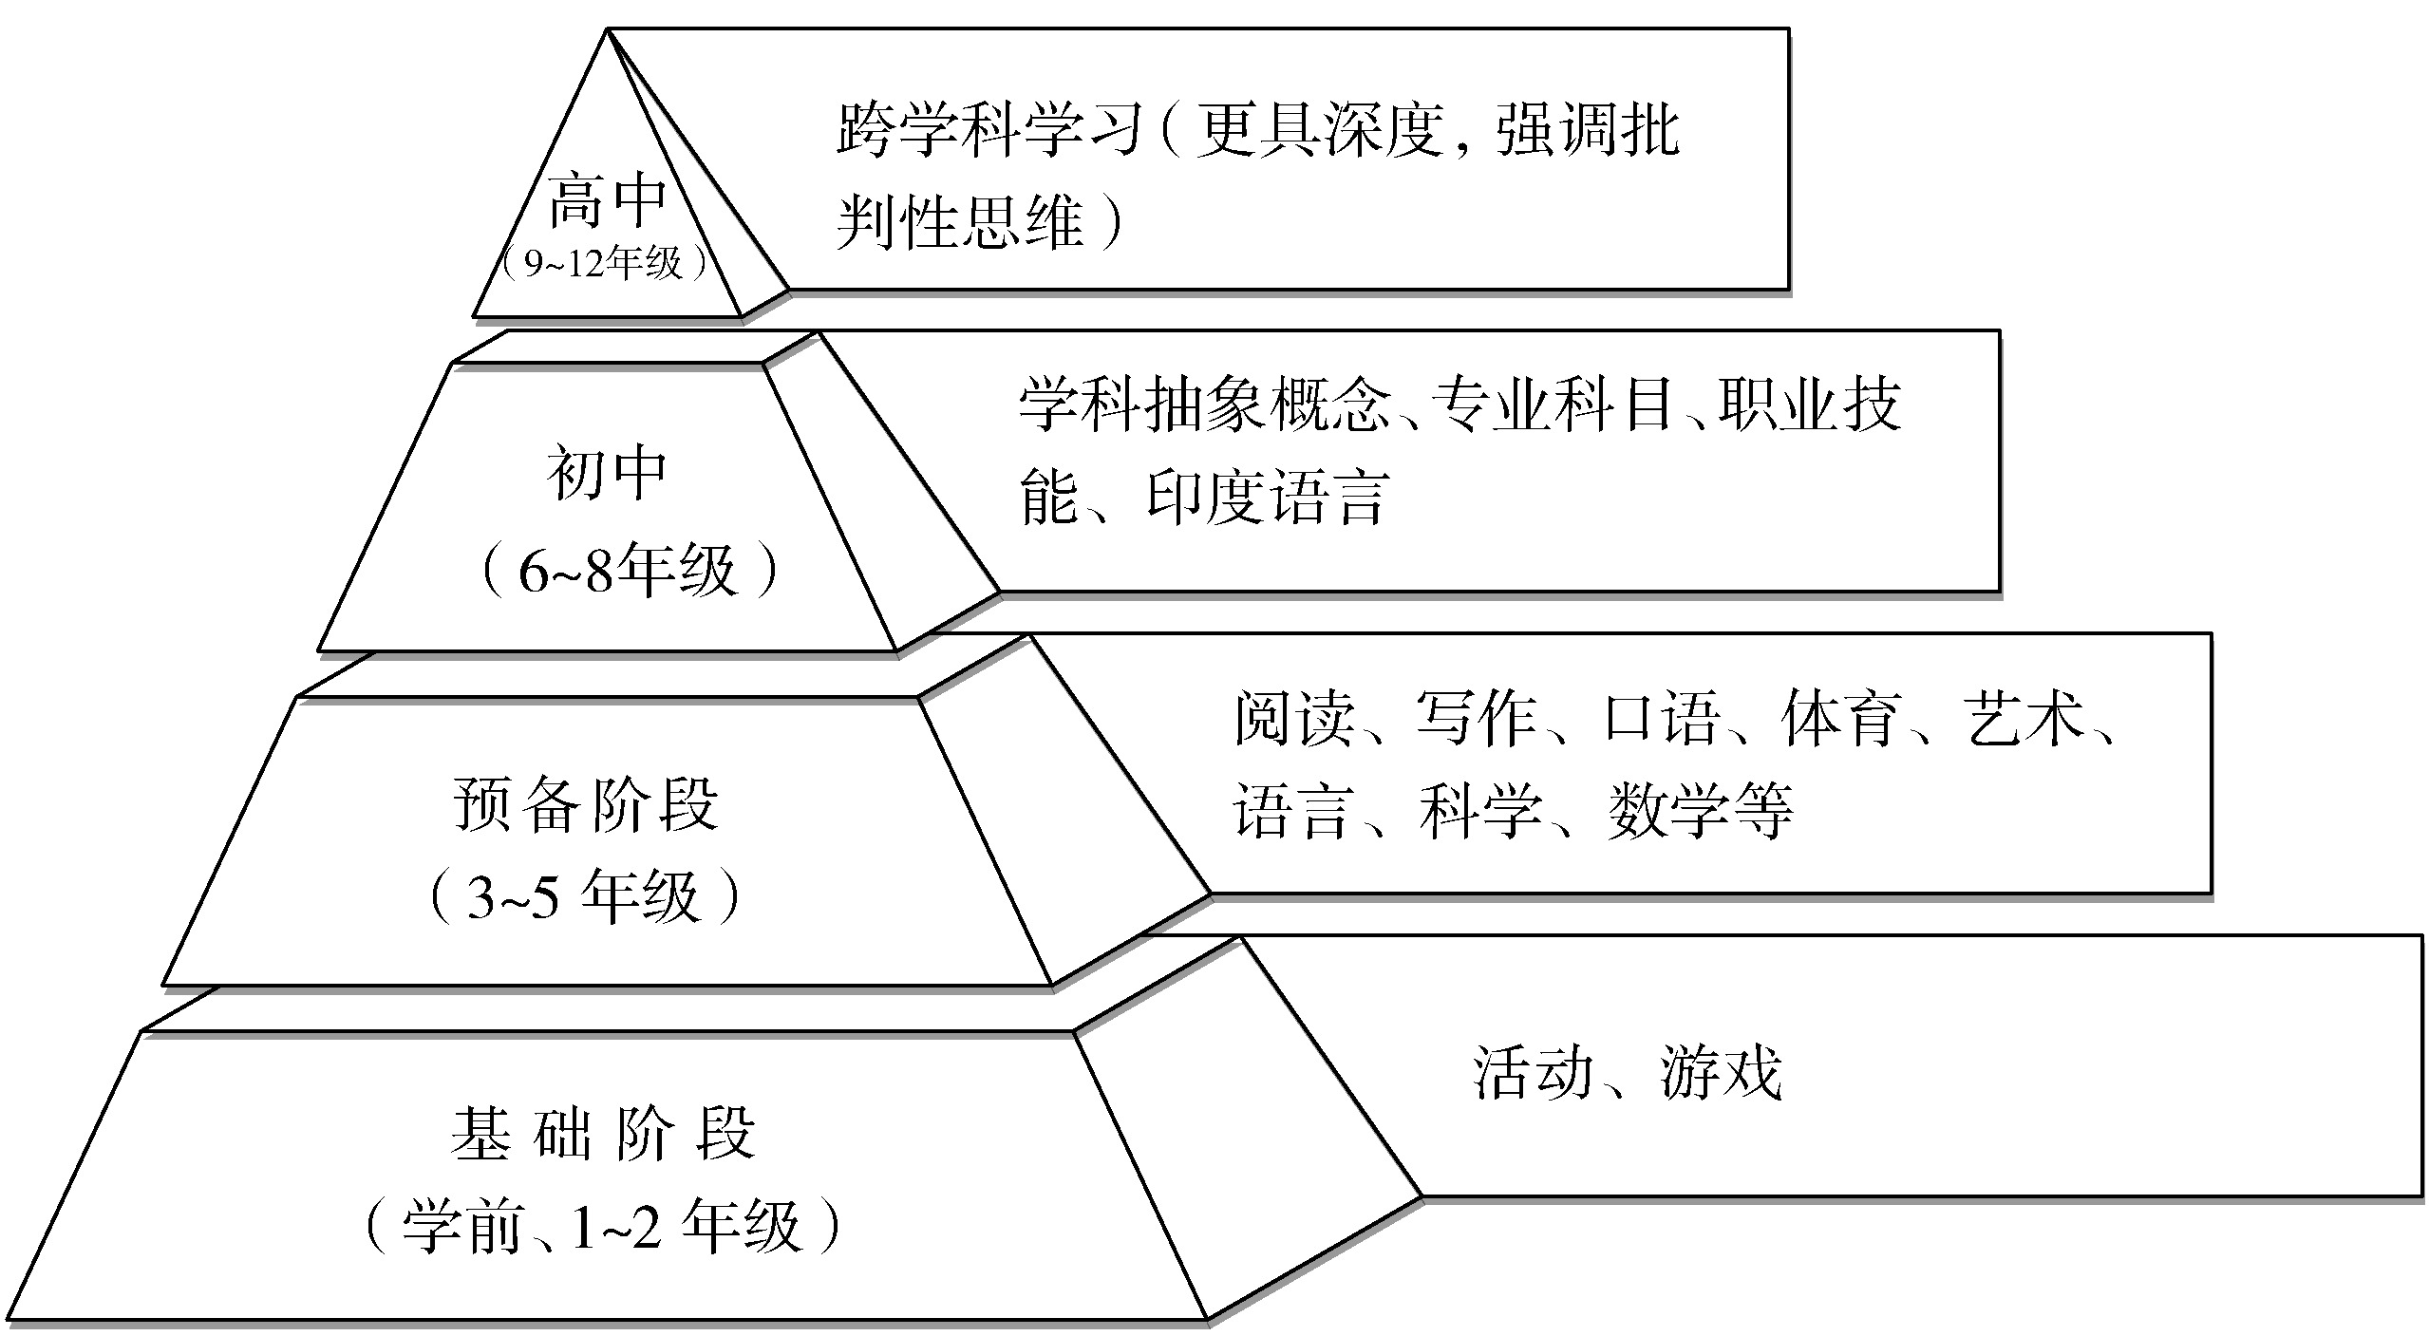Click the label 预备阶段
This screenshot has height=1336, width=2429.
pyautogui.click(x=586, y=804)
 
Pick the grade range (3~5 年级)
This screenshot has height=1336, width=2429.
pyautogui.click(x=584, y=896)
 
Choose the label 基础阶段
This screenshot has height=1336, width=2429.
pyautogui.click(x=603, y=1132)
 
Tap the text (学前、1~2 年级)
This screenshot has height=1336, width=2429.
pyautogui.click(x=604, y=1226)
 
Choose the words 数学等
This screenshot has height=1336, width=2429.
pyautogui.click(x=1701, y=811)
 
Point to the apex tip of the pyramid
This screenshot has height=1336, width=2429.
pyautogui.click(x=608, y=29)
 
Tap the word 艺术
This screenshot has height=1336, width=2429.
pyautogui.click(x=2024, y=718)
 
